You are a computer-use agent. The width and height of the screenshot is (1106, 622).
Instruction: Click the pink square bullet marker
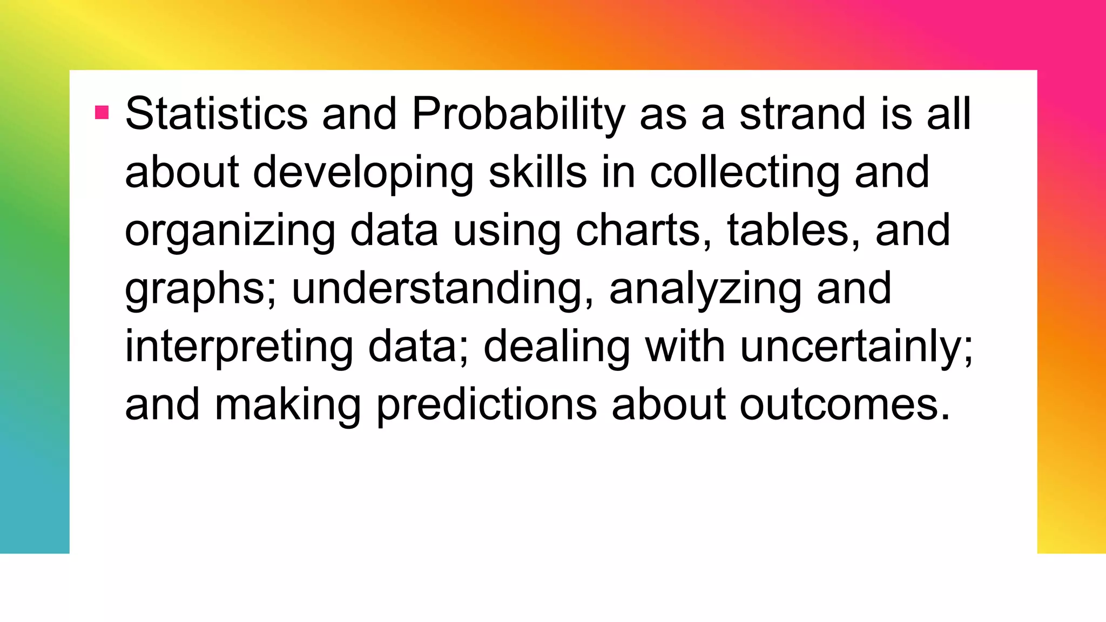coord(102,112)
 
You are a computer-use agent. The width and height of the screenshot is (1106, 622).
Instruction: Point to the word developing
coord(363,173)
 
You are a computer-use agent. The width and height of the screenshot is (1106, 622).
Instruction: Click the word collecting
coord(745,173)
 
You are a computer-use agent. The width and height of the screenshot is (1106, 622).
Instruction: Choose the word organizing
coord(230,231)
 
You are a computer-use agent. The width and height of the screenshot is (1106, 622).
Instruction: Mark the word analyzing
coord(705,289)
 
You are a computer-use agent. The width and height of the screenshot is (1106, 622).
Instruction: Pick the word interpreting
coord(239,347)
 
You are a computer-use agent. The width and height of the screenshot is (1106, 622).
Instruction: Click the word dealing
coord(556,347)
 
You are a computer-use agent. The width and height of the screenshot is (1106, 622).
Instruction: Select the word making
coord(288,405)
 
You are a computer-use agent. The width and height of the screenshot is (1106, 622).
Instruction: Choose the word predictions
coord(487,405)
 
